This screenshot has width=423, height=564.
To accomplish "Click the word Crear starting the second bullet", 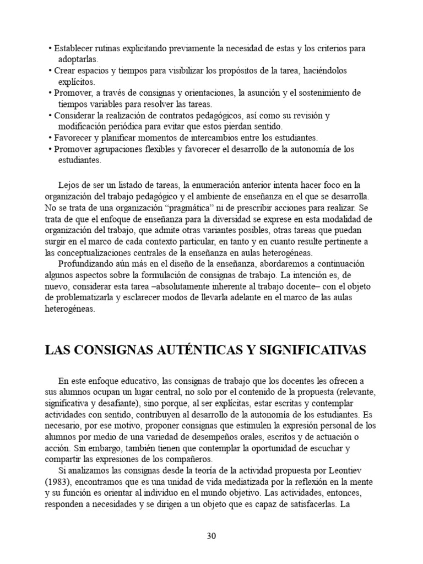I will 66,71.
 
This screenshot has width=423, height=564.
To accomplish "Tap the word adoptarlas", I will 78,59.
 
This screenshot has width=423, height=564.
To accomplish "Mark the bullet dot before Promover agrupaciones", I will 50,149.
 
